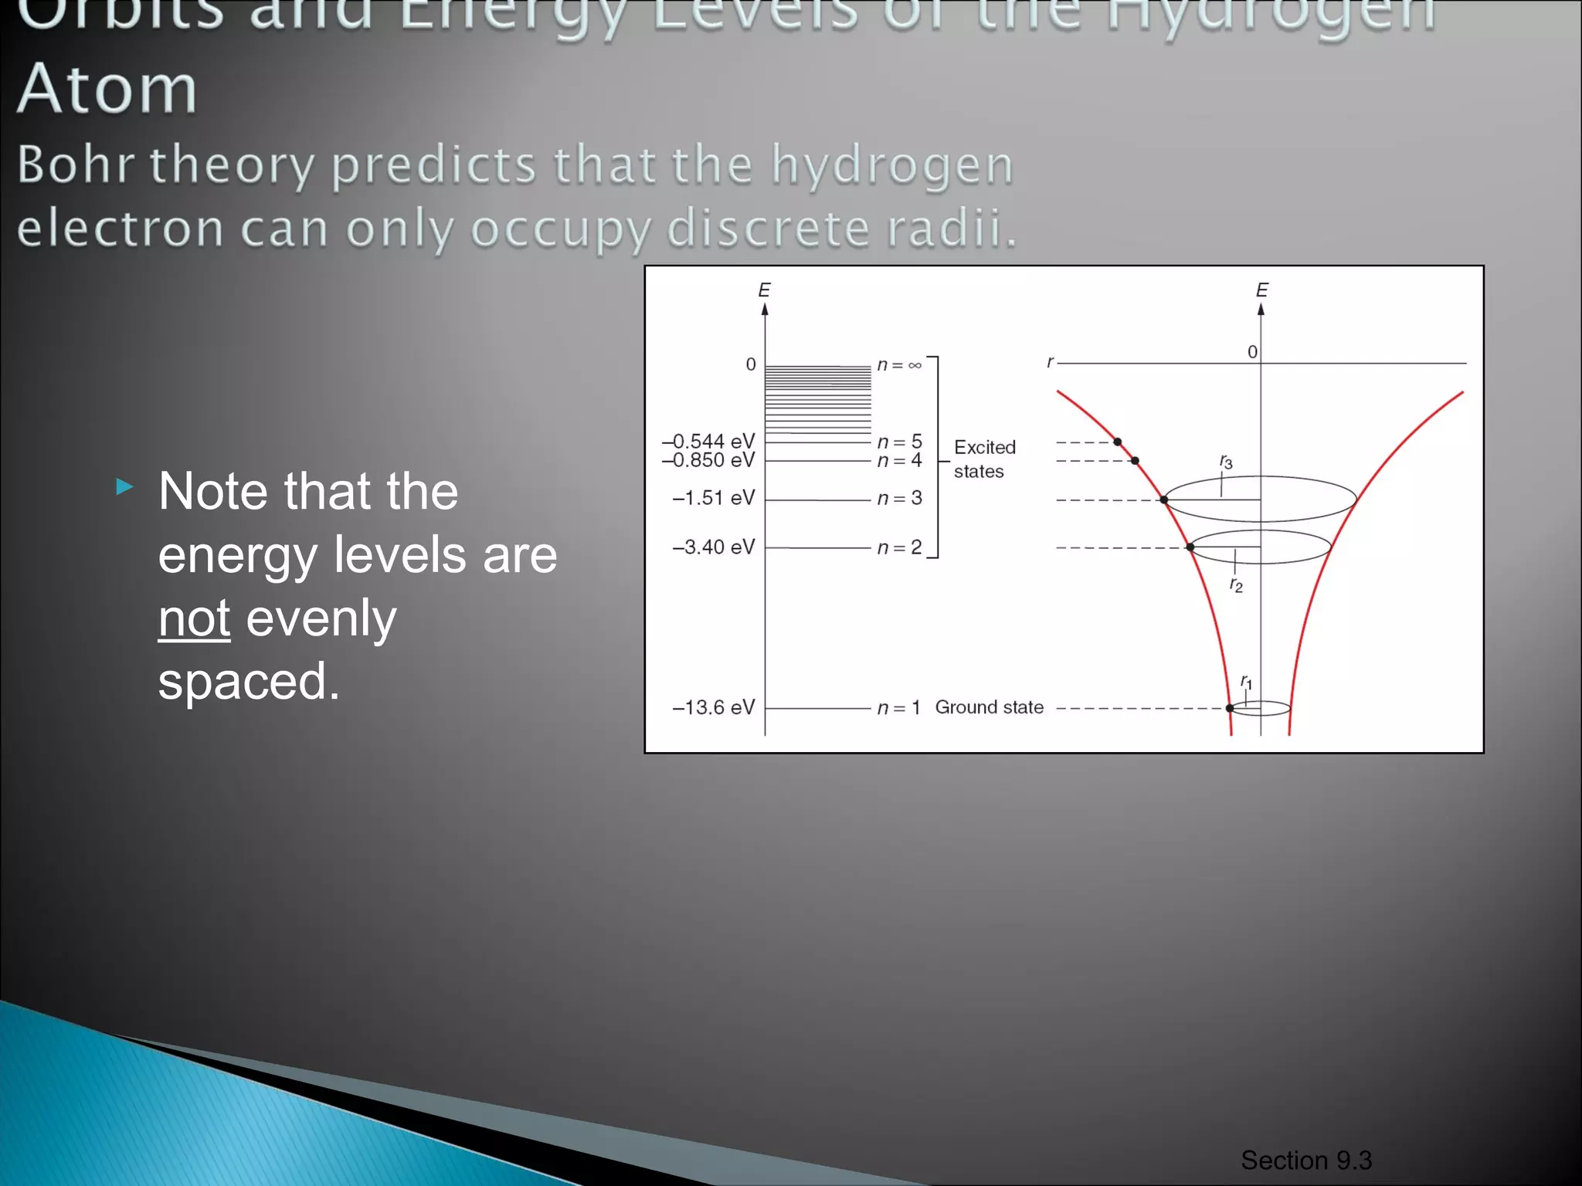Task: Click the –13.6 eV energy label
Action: pos(713,707)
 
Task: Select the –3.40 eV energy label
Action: pos(713,547)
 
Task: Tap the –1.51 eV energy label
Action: pos(713,497)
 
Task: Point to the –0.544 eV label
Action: pos(708,441)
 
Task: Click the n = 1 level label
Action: pos(898,707)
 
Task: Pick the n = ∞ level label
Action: pos(899,364)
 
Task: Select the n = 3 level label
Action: pos(899,498)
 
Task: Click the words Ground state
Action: pos(989,707)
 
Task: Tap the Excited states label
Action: pos(983,459)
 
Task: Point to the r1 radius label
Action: pos(1246,682)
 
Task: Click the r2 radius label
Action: pos(1236,585)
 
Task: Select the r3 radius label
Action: pos(1226,462)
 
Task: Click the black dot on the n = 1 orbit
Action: pos(1230,708)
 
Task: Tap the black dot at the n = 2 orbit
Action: pos(1190,547)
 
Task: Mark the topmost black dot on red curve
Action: pos(1117,442)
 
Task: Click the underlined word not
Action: pos(194,618)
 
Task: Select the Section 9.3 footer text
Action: pos(1306,1160)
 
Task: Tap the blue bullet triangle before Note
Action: pos(124,486)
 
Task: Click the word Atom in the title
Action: pos(107,89)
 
